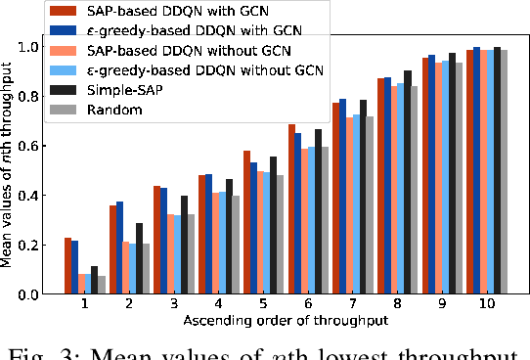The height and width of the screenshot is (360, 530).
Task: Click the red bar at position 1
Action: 67,265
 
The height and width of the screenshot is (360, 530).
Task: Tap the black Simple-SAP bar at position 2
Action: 139,258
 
